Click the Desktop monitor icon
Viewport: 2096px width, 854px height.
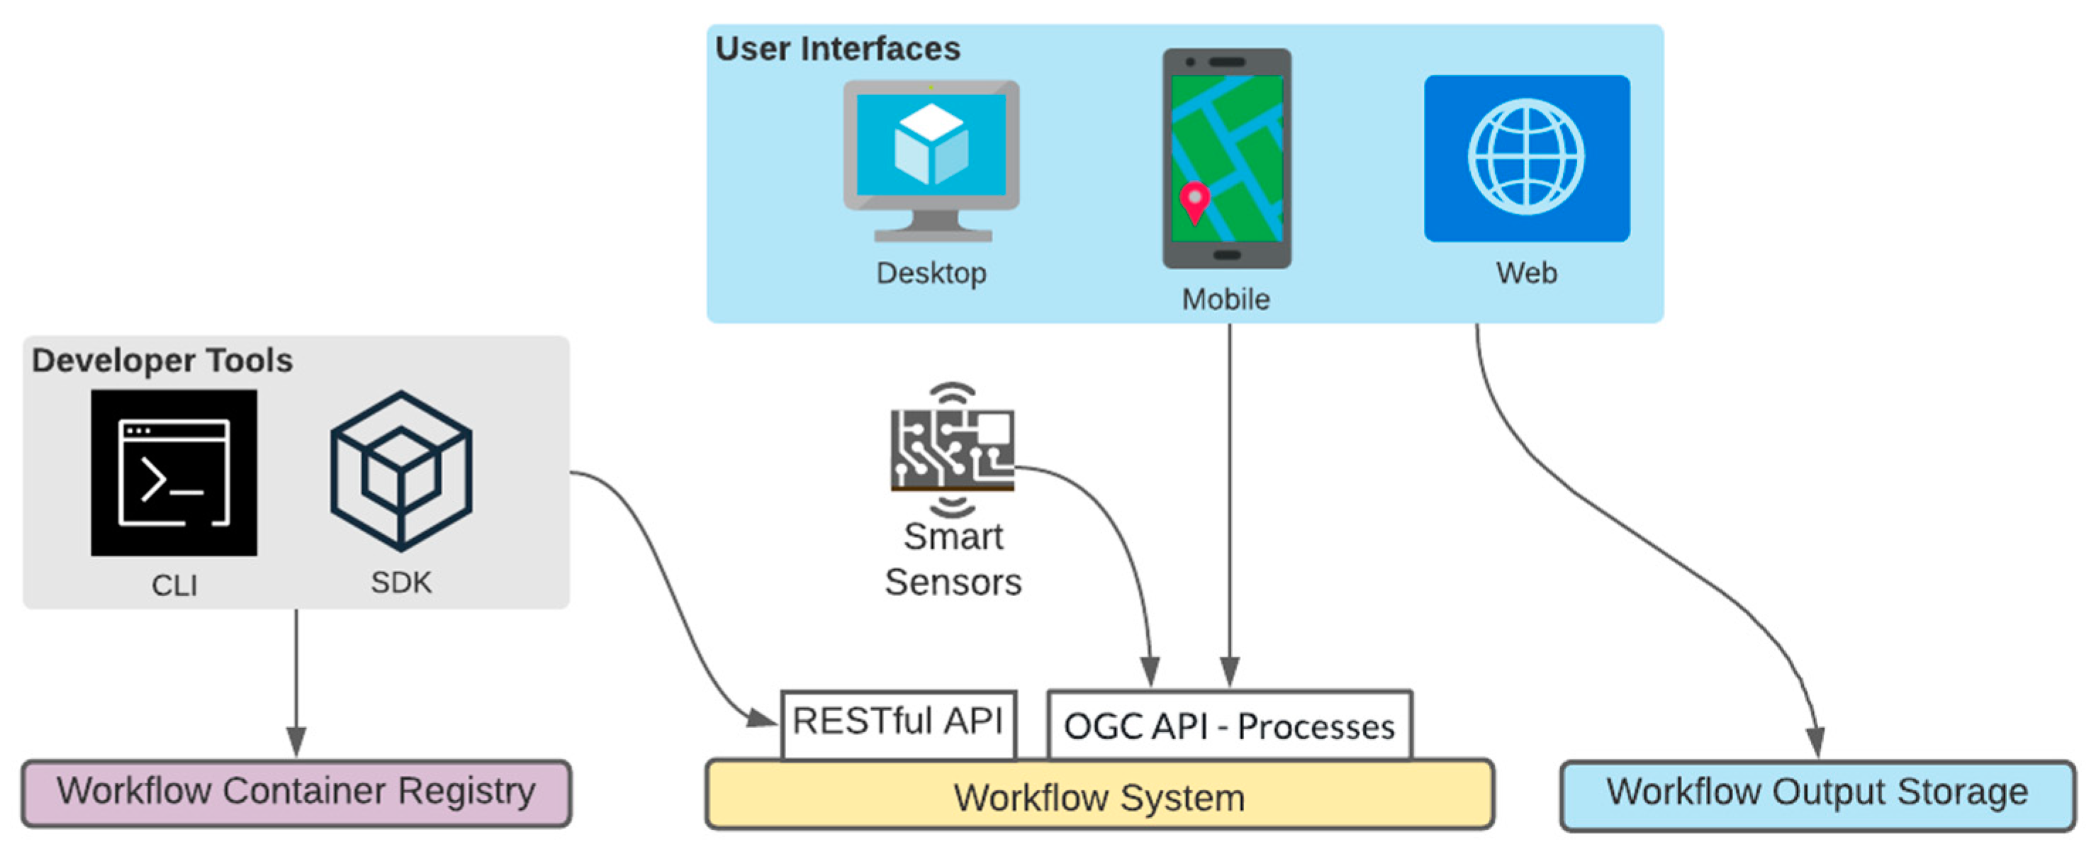coord(931,160)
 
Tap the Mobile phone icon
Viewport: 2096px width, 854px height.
coord(1226,159)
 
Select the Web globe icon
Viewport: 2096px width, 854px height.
coord(1526,159)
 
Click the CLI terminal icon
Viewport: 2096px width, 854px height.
coord(174,473)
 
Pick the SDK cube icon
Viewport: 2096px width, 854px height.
coord(401,471)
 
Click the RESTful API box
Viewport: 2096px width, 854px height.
coord(898,724)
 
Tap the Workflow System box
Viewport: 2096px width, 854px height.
coord(1099,795)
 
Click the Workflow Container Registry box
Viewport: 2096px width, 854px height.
coord(296,793)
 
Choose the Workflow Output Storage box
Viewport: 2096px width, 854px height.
coord(1817,794)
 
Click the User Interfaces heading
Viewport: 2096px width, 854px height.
coord(837,49)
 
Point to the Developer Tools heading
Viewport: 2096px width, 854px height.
coord(162,360)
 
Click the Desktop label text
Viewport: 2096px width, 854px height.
coord(931,274)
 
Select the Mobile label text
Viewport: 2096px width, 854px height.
coord(1226,299)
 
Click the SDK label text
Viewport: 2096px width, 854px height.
coord(401,583)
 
